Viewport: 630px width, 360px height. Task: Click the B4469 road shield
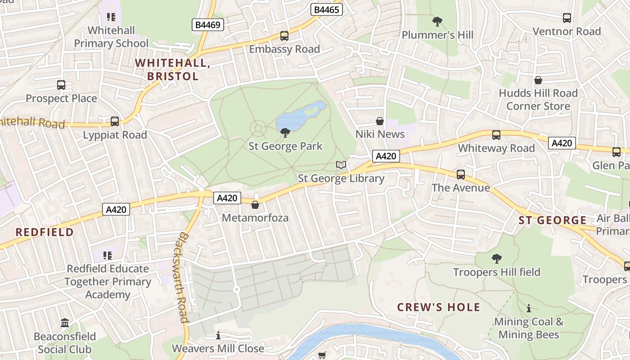tap(208, 24)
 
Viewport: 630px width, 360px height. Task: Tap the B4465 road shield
tap(327, 9)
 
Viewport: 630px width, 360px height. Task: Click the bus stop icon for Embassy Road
tap(284, 36)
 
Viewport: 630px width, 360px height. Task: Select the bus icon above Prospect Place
tap(61, 85)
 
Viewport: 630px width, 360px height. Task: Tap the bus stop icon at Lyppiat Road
tap(115, 121)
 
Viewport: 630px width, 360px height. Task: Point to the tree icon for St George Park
tap(285, 132)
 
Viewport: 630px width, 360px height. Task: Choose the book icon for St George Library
tap(342, 165)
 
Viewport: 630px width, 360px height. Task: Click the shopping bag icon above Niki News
tap(380, 121)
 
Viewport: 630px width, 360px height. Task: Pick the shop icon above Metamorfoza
tap(255, 205)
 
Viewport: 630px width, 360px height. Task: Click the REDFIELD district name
tap(45, 232)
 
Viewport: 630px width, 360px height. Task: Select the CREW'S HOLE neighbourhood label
tap(439, 307)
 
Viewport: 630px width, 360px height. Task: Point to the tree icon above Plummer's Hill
tap(437, 21)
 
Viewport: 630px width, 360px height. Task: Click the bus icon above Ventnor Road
tap(567, 18)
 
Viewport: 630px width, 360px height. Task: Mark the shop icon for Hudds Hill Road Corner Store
tap(538, 80)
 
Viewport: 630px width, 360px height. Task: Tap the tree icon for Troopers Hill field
tap(496, 258)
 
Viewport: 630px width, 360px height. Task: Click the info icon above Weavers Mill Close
tap(218, 335)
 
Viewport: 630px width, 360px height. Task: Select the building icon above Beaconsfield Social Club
tap(65, 323)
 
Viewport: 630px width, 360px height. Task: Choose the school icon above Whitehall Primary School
tap(111, 17)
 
